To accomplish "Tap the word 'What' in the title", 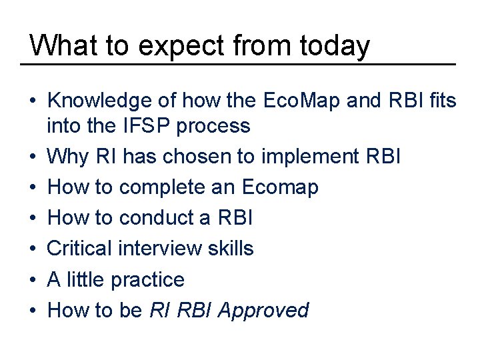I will (58, 45).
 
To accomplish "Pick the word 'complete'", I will (164, 188).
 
